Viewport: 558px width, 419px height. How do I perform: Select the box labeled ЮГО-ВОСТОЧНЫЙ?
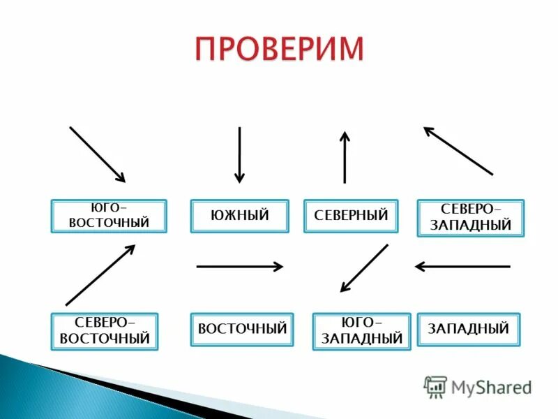point(109,216)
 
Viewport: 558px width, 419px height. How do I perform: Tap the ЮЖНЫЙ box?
point(239,216)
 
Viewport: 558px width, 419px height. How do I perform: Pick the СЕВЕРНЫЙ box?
point(351,216)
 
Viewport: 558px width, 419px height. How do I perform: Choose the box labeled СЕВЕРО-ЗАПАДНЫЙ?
point(470,218)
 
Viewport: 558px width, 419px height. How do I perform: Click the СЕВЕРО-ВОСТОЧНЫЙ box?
point(105,331)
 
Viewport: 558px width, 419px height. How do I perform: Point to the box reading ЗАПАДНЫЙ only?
point(468,329)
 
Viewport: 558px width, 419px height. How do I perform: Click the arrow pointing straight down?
point(239,154)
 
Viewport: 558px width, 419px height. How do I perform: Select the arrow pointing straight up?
point(345,157)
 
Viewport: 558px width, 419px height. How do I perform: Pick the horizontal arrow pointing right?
point(239,266)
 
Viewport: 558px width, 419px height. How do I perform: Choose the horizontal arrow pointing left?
point(462,266)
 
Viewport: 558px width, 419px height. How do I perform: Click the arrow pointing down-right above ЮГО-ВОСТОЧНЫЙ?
point(97,154)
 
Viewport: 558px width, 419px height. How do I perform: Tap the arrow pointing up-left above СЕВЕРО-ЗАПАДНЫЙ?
point(458,150)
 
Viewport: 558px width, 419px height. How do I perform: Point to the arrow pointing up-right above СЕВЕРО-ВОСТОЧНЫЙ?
point(100,274)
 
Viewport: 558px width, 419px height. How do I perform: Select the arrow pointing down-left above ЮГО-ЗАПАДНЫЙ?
point(363,268)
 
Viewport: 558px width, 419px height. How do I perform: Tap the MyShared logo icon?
point(435,386)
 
